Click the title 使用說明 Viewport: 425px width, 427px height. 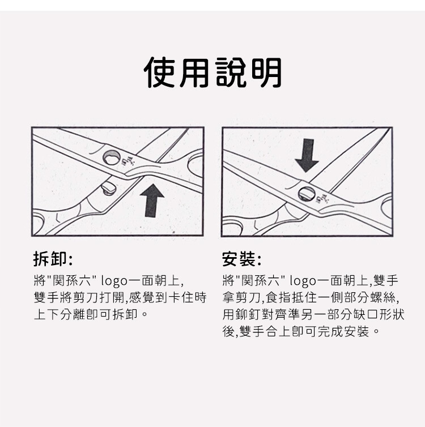[212, 72]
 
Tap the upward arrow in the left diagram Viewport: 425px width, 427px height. [152, 200]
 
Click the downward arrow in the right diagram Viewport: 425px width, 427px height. [307, 156]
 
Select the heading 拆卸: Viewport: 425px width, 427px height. [53, 259]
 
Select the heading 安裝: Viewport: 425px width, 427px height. [241, 259]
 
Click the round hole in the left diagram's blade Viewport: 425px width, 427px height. [112, 157]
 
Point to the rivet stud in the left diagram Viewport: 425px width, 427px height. [108, 189]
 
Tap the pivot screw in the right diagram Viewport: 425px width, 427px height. [307, 194]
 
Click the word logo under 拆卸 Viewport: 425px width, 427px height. [114, 281]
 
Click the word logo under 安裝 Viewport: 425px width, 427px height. [303, 281]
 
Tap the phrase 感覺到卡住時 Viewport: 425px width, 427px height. [168, 298]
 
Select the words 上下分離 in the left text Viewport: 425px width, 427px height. [60, 314]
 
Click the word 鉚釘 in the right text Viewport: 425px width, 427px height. [248, 314]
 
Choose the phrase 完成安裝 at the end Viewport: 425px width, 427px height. [343, 332]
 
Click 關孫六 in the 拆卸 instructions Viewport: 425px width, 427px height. [73, 281]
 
